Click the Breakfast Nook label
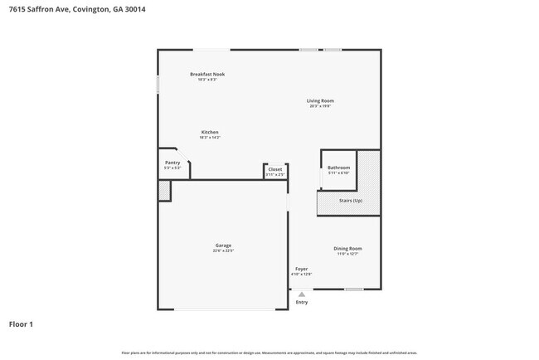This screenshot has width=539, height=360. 207,74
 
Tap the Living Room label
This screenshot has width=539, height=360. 320,100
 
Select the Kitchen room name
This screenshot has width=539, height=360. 210,132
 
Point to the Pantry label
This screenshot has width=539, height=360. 172,163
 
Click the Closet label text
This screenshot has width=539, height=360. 274,169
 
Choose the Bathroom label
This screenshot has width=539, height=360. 338,168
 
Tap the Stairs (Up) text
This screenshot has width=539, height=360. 351,201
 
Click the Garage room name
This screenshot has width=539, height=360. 223,245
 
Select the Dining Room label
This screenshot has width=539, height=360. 347,248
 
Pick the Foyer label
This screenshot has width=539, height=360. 301,269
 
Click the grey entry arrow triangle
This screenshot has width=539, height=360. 301,294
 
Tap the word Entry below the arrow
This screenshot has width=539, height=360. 301,302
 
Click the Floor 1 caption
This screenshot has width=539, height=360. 21,324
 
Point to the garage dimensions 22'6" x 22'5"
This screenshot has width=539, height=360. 223,251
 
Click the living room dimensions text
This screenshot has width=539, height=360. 320,106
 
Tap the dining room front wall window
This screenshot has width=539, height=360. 354,289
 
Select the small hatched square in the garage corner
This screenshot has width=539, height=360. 164,190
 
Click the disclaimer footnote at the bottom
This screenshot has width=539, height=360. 269,353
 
